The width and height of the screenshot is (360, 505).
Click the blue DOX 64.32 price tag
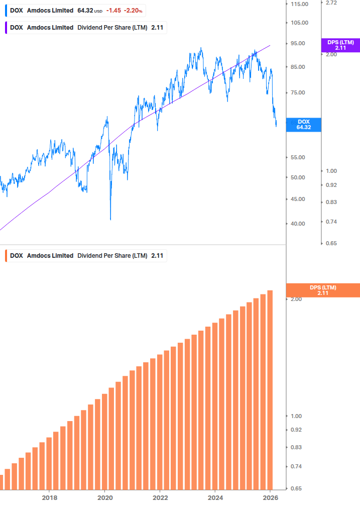point(303,125)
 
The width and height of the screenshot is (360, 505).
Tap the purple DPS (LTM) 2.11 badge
point(340,45)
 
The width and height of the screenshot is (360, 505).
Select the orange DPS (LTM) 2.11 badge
point(322,290)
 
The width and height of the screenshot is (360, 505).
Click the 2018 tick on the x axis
point(49,497)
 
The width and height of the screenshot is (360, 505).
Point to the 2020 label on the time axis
point(104,497)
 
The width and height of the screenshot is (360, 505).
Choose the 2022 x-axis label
point(160,497)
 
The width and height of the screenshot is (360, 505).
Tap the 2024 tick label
point(215,497)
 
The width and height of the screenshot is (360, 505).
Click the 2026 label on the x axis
point(270,497)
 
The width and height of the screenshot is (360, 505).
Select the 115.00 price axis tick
point(299,4)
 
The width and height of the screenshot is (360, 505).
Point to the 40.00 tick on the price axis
point(298,224)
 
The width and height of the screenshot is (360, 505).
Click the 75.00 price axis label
point(298,92)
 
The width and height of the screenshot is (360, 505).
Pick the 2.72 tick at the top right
point(331,3)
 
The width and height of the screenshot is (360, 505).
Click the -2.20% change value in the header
point(134,11)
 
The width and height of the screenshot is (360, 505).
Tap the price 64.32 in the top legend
point(85,11)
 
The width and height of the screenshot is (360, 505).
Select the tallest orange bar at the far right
point(270,389)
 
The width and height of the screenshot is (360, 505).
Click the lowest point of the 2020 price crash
point(110,220)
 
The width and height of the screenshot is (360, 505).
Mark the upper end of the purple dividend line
point(270,45)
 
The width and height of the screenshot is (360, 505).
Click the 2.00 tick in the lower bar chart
point(296,299)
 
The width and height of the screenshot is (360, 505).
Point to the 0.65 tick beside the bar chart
point(296,488)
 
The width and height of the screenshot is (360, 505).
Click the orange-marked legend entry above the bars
point(85,256)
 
